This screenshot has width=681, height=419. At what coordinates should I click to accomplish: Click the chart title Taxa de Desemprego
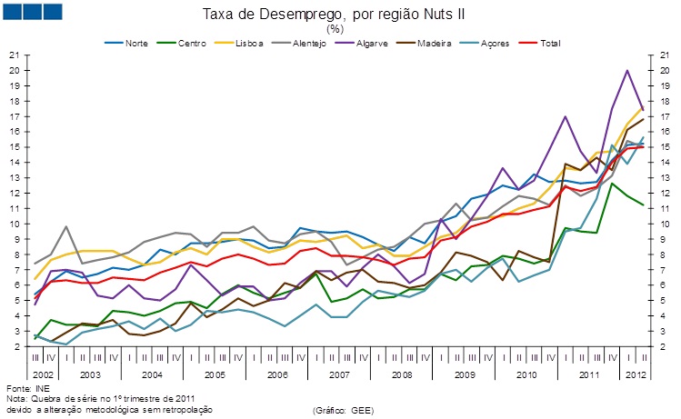tap(340, 14)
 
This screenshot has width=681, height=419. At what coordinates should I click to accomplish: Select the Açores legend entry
tap(491, 43)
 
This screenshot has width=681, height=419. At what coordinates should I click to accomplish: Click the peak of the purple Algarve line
tap(626, 71)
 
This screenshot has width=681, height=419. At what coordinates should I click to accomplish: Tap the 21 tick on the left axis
tap(14, 55)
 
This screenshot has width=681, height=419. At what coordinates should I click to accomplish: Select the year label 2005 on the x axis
tap(215, 374)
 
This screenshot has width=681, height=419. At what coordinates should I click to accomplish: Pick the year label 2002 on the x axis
tap(43, 374)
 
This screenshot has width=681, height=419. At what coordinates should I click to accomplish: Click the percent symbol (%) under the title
tap(340, 28)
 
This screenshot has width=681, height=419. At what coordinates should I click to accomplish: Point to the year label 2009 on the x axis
tap(463, 374)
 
